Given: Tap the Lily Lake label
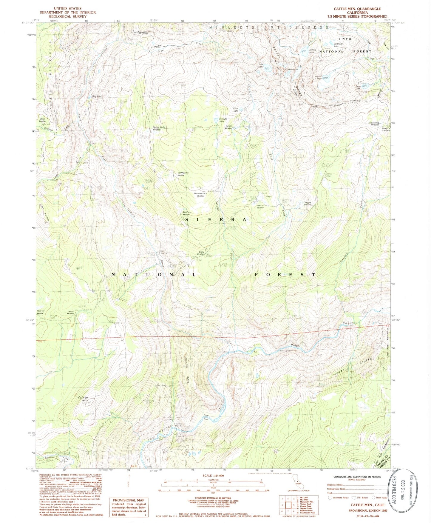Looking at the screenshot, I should [97, 97].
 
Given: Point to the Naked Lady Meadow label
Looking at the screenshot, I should [159, 128].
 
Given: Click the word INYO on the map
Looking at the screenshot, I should [345, 39].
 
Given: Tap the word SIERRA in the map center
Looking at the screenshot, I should [216, 220].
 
